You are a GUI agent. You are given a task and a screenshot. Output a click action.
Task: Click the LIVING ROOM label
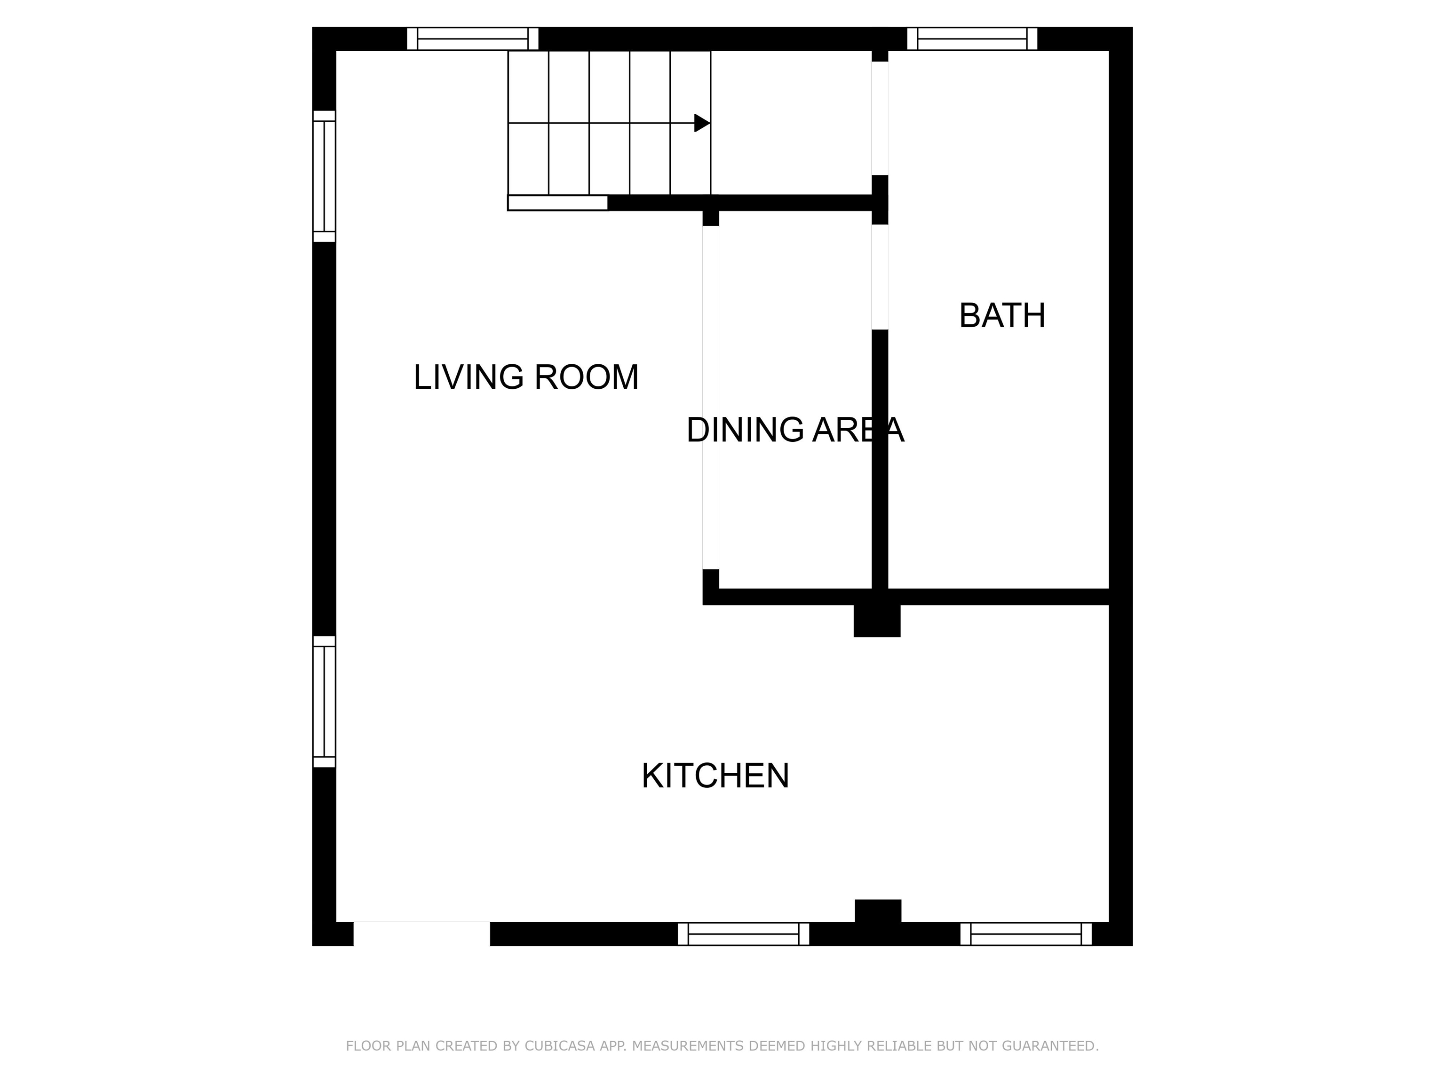(526, 377)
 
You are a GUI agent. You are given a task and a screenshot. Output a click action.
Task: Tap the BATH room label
(1002, 315)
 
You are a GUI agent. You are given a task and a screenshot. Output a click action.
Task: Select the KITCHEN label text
(715, 776)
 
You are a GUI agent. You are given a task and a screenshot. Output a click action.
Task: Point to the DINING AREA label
(795, 430)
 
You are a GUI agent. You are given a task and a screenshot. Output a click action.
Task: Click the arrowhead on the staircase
(702, 123)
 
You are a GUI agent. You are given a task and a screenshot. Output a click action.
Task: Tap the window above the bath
(972, 39)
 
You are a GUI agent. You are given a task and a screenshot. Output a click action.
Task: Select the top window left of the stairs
(472, 39)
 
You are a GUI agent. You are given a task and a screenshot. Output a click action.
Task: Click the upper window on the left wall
(324, 176)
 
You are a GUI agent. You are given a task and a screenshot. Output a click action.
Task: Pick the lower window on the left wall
(324, 702)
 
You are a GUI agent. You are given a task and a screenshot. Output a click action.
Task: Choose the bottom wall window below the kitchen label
(743, 934)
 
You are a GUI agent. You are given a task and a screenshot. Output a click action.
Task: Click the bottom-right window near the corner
(1025, 934)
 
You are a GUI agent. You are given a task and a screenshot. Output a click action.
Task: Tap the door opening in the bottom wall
(421, 934)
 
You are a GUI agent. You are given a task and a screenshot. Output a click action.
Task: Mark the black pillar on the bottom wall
(878, 911)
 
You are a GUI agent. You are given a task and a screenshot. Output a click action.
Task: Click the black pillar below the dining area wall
(877, 620)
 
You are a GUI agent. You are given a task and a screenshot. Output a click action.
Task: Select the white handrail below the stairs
(558, 203)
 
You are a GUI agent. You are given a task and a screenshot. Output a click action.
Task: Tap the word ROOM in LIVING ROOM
(587, 377)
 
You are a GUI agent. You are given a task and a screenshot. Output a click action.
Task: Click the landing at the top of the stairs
(791, 123)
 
